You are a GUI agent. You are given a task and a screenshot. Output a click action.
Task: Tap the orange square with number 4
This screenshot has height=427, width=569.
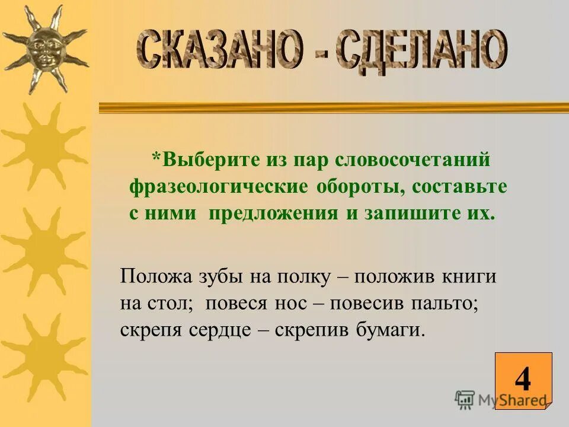[523, 380]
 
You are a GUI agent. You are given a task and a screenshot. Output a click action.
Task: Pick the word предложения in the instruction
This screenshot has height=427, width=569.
[273, 213]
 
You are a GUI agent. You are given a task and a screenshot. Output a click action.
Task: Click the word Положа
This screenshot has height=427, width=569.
[150, 276]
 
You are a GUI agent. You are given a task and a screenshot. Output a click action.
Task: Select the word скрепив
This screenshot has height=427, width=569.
[313, 330]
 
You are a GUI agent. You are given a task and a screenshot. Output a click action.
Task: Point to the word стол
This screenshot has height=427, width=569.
[172, 303]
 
